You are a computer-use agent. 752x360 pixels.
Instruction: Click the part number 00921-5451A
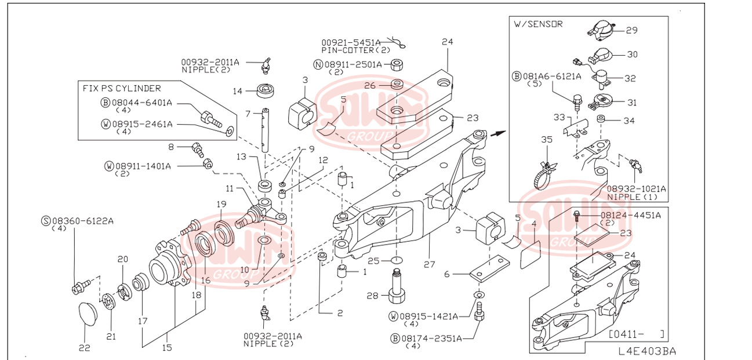[x=351, y=42]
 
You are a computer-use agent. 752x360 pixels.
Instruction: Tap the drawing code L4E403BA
[x=646, y=351]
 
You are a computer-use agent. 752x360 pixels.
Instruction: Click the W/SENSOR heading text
[x=538, y=24]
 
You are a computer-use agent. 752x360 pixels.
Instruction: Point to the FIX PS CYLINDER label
[x=122, y=88]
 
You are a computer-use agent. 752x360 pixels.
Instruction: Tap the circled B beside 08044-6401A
[x=106, y=103]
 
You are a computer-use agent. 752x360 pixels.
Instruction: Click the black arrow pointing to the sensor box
[x=496, y=133]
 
